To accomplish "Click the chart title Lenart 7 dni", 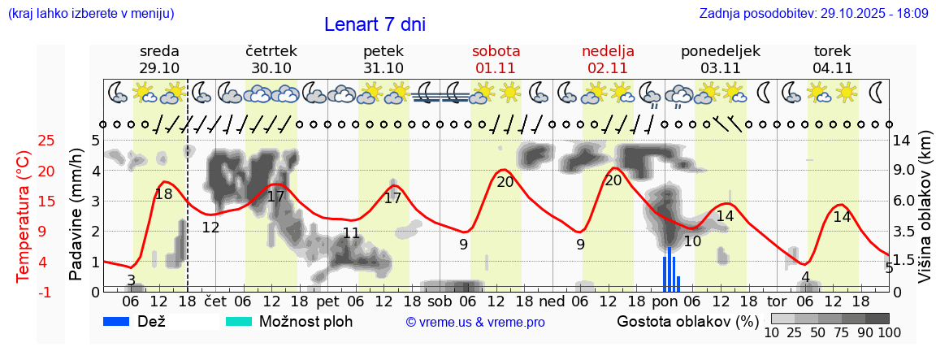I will click(375, 24).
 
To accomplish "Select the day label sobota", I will click(496, 51).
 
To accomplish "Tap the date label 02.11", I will click(608, 68).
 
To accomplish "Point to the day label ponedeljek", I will click(720, 51).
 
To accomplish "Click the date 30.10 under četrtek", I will click(271, 68).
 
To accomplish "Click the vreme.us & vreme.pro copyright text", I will click(475, 322).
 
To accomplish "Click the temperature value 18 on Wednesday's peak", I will click(163, 194).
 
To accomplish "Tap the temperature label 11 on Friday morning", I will click(351, 234).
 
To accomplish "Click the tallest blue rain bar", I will click(669, 269).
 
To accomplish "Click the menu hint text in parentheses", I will click(91, 14).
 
